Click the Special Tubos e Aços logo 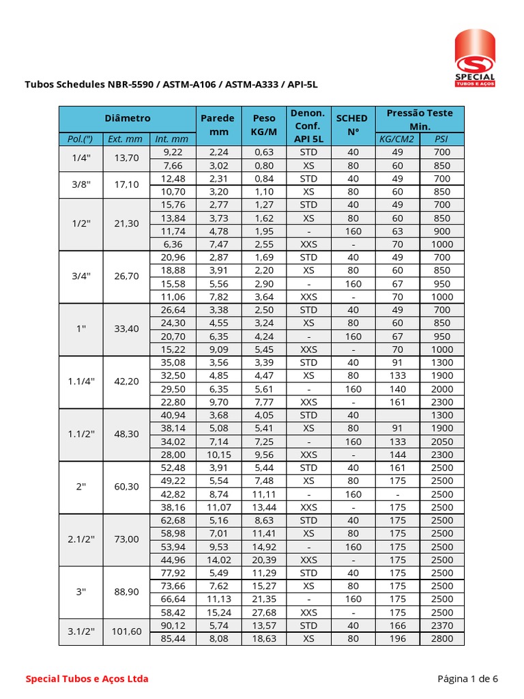475,58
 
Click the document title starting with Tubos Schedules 171,85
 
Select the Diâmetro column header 128,118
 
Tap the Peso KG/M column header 264,124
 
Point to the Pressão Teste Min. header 420,119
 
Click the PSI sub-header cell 441,139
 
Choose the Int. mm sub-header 172,139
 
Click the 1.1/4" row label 81,382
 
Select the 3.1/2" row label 81,631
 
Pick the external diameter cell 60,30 126,487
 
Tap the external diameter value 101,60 126,631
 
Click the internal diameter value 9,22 172,152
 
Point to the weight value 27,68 264,612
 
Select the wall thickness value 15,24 219,612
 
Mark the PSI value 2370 441,625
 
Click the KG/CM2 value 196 397,638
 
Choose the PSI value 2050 441,442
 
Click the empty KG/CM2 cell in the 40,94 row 397,415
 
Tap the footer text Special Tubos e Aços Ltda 87,679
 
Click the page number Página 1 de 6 467,679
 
